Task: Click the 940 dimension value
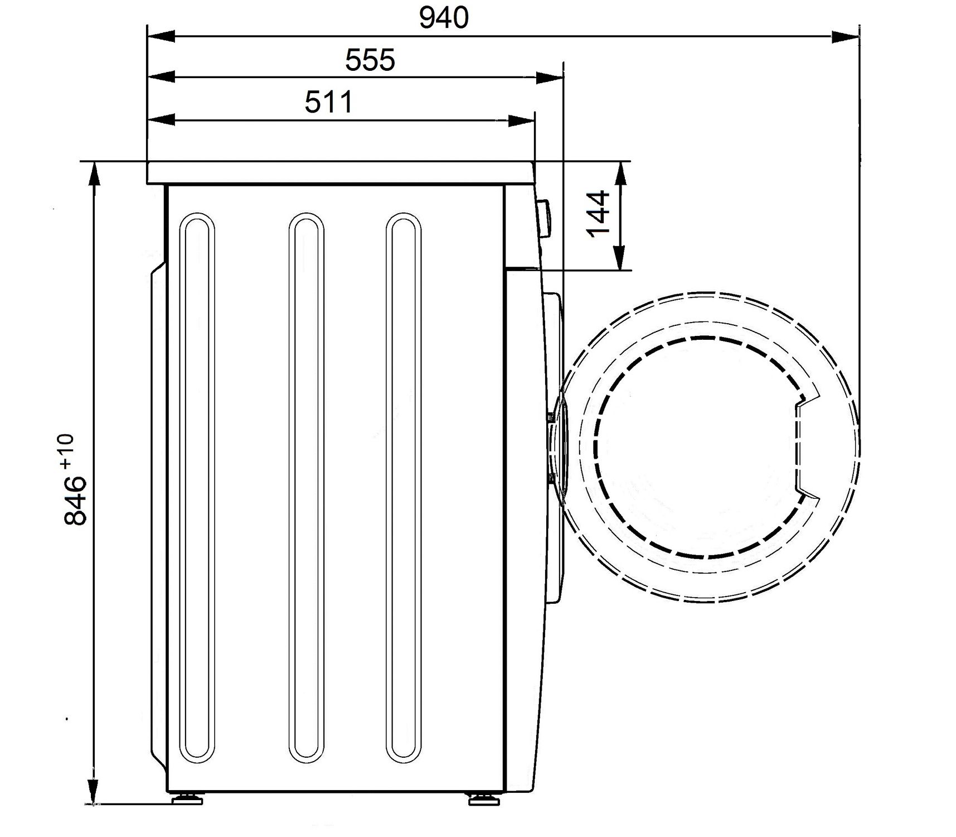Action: tap(444, 18)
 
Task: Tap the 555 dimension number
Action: tap(370, 60)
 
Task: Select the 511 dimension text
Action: tap(329, 102)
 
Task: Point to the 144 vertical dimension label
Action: tap(599, 214)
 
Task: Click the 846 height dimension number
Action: tap(76, 501)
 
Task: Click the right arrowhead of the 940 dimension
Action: tap(845, 37)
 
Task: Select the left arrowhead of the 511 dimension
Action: tap(161, 121)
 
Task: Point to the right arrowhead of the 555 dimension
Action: tap(549, 78)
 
